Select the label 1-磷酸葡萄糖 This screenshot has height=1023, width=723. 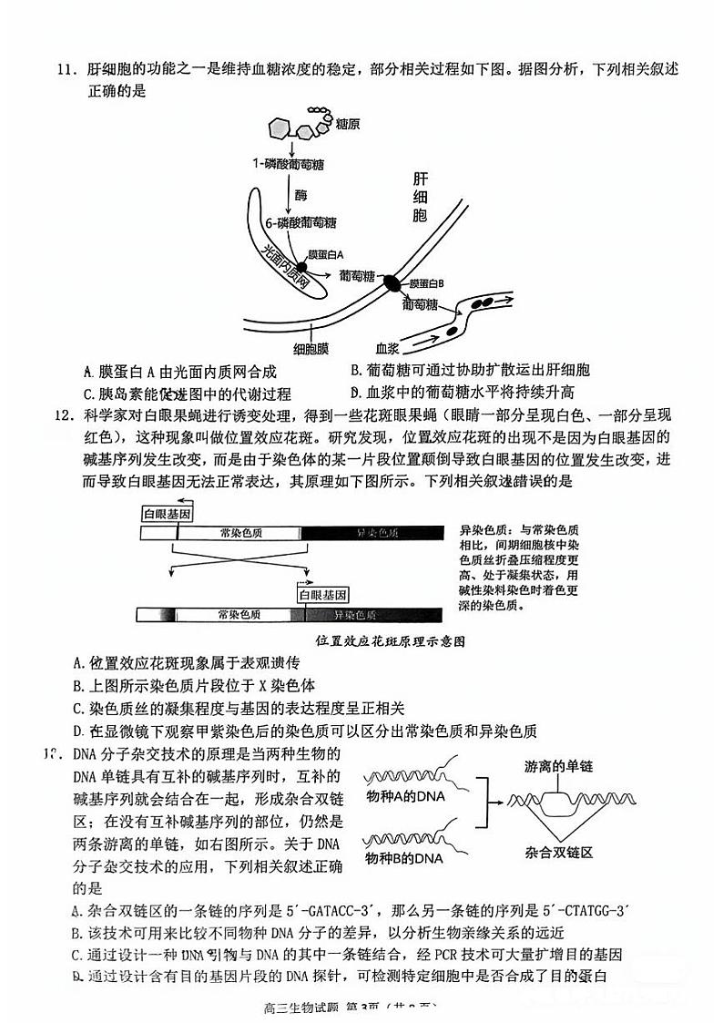[x=288, y=164]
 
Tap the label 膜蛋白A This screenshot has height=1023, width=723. [x=331, y=254]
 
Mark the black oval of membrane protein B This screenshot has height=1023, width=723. [x=391, y=282]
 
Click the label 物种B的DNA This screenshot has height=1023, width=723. [x=404, y=858]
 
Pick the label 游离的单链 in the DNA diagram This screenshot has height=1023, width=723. [x=558, y=767]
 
